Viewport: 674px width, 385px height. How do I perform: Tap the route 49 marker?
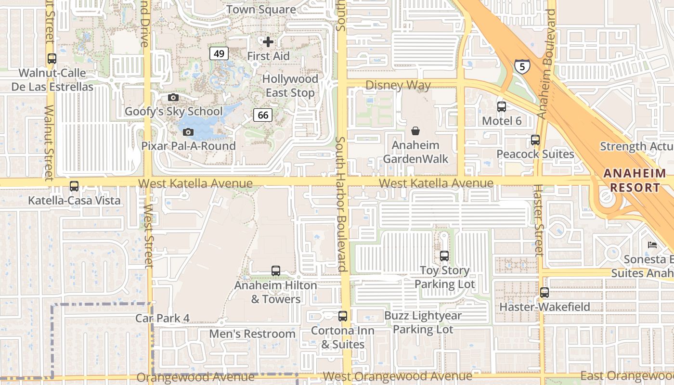click(x=219, y=53)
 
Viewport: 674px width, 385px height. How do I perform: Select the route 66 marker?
click(x=263, y=115)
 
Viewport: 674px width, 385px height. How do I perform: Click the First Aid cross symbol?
click(x=268, y=42)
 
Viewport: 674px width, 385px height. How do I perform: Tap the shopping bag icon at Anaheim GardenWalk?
click(x=415, y=130)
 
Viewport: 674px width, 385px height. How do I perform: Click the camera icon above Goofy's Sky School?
click(x=173, y=98)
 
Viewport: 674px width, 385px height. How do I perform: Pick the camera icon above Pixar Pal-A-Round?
click(x=189, y=132)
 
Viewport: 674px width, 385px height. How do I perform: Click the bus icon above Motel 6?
click(x=502, y=107)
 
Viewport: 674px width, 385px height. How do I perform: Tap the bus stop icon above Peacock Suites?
click(x=535, y=140)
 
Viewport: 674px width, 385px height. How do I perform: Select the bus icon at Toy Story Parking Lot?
click(x=444, y=256)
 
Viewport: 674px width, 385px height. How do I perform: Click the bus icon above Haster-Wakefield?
click(x=544, y=293)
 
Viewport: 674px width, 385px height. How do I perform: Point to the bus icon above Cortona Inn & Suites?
click(x=343, y=316)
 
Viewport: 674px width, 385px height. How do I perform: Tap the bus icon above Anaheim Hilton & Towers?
click(x=276, y=271)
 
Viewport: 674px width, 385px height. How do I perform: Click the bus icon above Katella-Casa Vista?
click(x=74, y=186)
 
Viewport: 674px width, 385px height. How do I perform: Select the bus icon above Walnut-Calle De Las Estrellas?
click(x=52, y=59)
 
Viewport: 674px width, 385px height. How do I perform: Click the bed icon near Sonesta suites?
click(x=652, y=245)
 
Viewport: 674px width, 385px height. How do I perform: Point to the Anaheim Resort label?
click(x=635, y=180)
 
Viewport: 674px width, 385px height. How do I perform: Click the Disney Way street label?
click(x=398, y=85)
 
